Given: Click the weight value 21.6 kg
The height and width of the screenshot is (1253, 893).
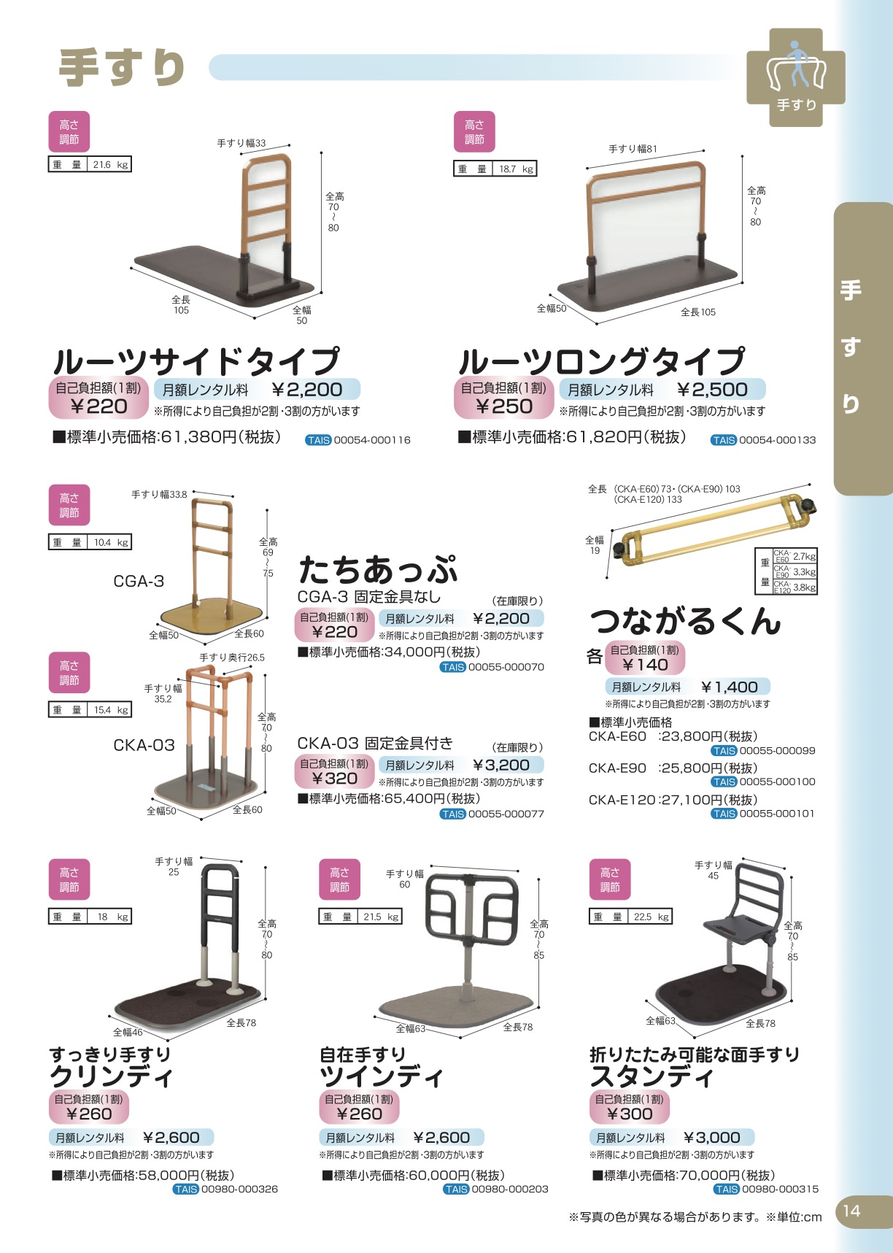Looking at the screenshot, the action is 110,165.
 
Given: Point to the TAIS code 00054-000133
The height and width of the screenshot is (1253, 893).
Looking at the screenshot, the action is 777,440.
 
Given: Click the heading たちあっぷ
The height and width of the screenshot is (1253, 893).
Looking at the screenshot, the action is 378,568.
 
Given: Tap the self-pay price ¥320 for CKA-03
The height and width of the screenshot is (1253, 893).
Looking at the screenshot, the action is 335,779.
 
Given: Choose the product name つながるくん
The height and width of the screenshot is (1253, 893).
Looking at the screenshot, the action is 685,621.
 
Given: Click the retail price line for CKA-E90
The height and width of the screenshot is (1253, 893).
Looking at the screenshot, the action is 673,768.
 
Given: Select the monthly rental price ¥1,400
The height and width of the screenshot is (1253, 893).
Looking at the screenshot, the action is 730,687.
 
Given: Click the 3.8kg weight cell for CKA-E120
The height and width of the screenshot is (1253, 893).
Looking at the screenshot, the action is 804,587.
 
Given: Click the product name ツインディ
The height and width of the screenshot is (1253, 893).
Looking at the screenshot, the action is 381,1076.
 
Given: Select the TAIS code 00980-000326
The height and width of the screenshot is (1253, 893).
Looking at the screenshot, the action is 239,1190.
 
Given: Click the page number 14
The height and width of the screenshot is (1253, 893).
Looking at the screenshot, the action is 851,1211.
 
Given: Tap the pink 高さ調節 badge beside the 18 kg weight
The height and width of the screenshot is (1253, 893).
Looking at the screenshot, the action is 69,879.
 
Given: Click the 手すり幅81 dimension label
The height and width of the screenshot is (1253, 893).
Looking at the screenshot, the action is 633,149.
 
